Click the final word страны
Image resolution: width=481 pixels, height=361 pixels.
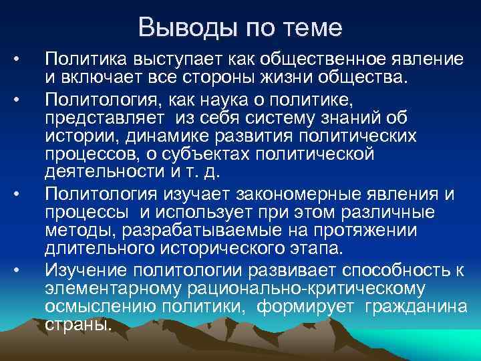point(78,324)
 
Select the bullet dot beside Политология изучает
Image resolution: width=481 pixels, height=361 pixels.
point(24,194)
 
